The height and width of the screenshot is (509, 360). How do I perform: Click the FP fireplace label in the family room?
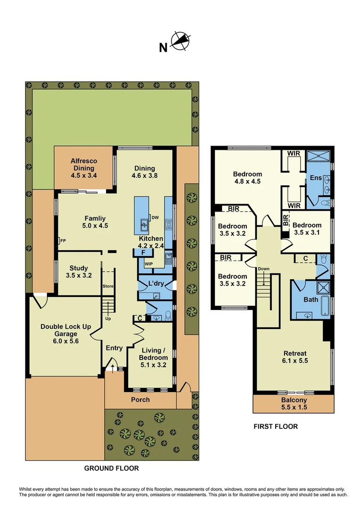[62, 241]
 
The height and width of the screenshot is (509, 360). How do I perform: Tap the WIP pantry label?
[148, 263]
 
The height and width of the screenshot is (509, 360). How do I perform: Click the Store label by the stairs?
[108, 286]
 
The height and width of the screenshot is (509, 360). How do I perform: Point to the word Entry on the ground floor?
[114, 348]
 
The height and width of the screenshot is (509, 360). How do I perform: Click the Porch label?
[140, 400]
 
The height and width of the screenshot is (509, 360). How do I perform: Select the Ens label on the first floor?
[315, 178]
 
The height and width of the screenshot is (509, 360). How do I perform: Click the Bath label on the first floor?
[311, 299]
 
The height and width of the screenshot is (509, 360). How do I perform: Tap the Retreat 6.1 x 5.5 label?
[295, 358]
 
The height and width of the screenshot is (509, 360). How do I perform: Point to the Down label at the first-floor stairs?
[263, 269]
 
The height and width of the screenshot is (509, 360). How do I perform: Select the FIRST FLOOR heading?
[276, 427]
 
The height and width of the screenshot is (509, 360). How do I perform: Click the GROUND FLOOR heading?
[111, 468]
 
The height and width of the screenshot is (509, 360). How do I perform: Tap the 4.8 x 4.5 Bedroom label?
[247, 178]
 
